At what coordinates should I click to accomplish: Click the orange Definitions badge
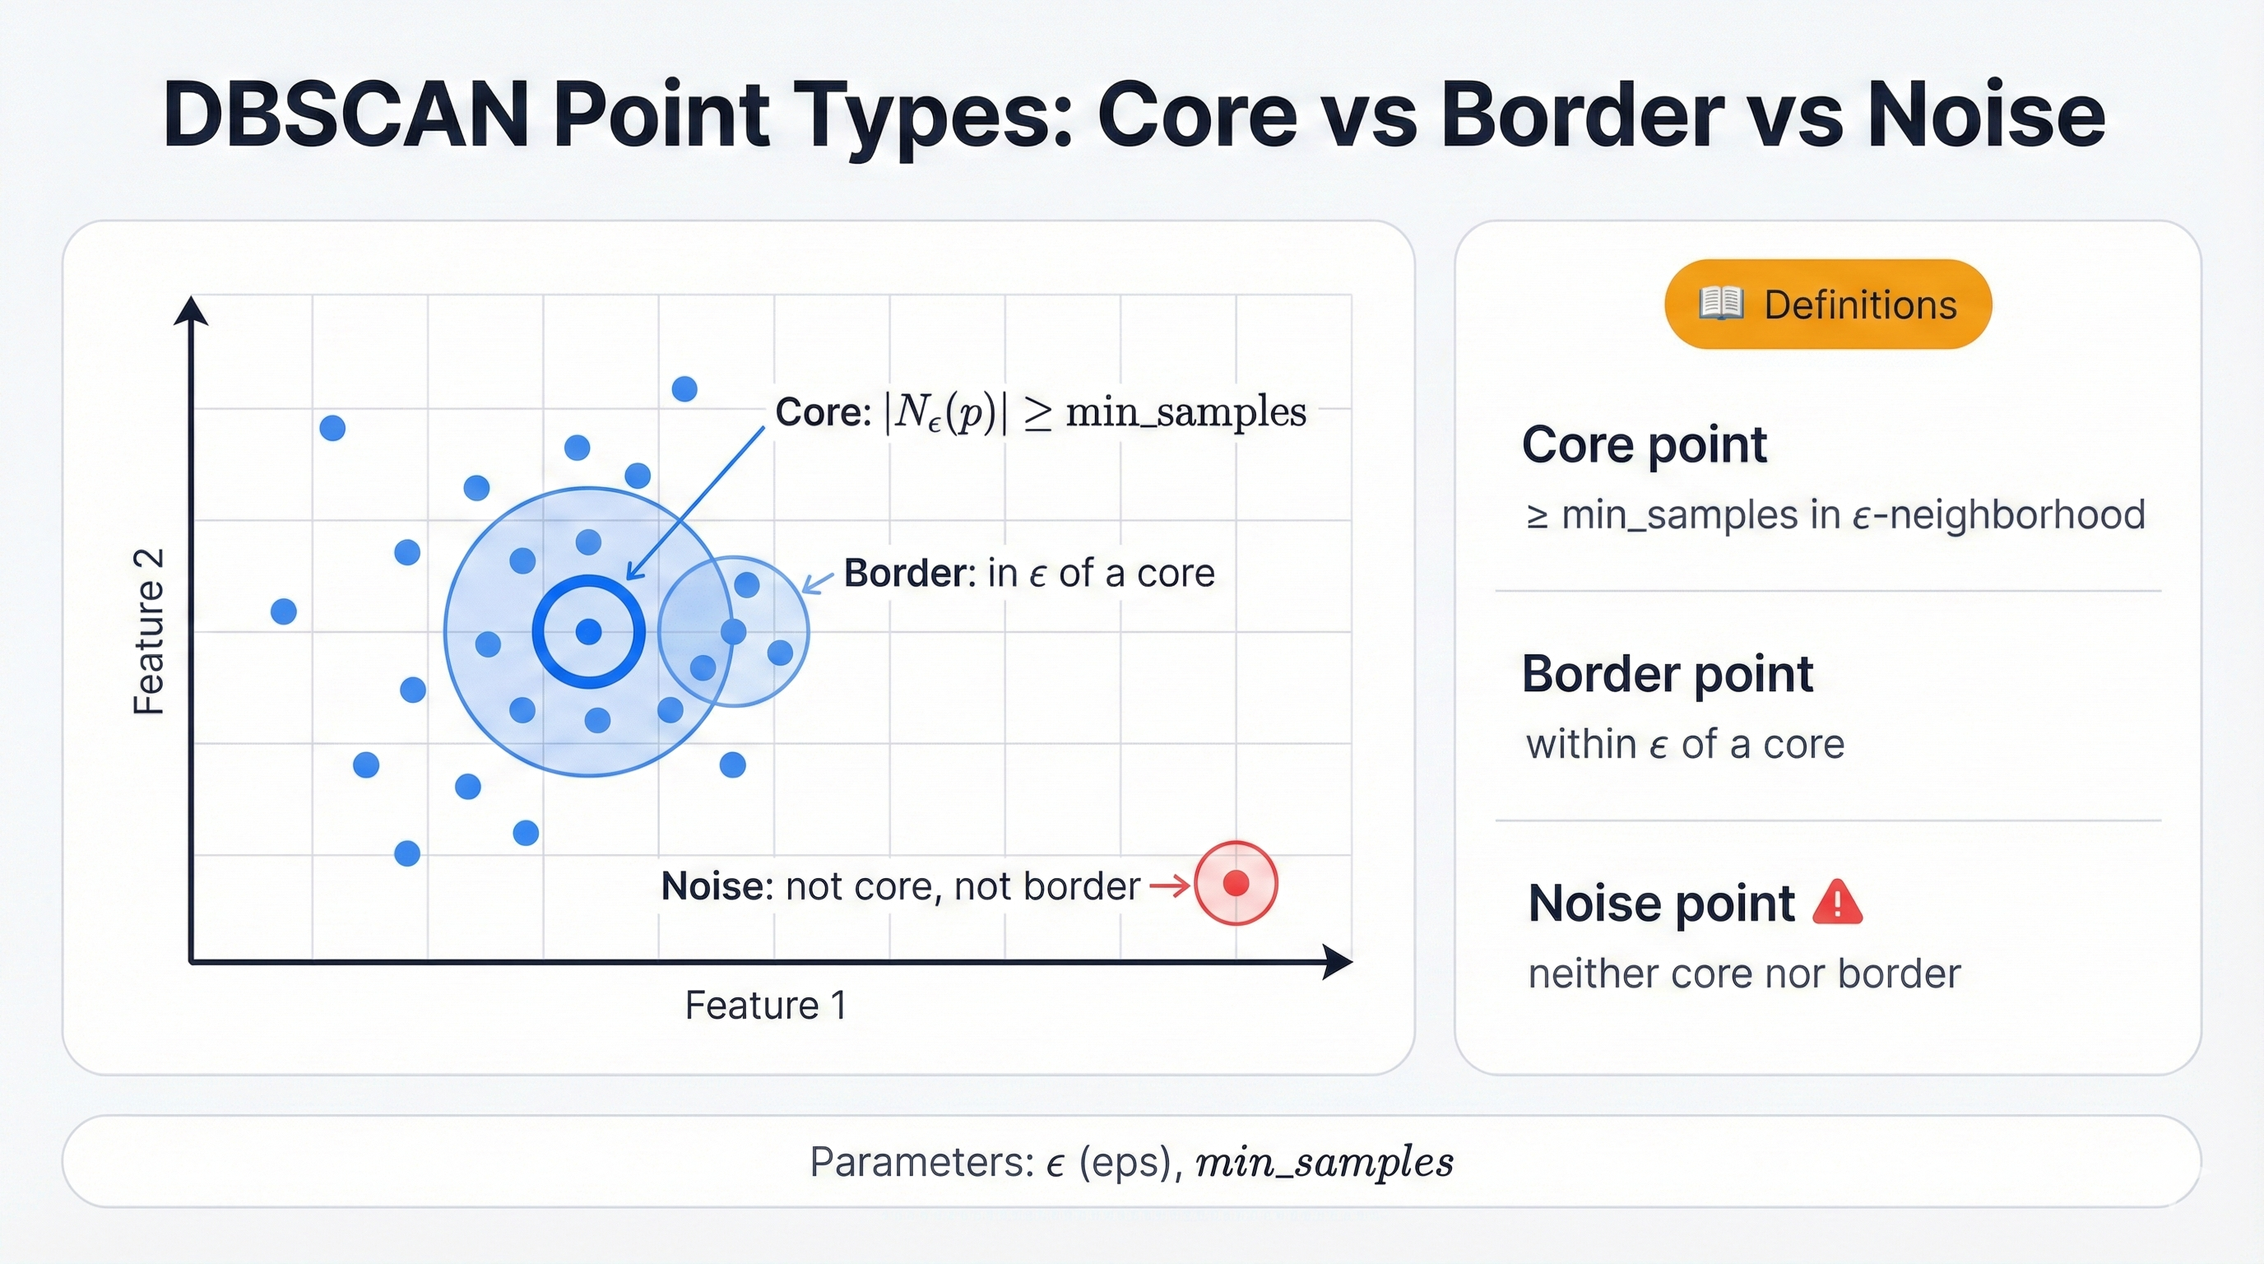point(1828,304)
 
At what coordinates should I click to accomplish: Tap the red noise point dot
point(1236,883)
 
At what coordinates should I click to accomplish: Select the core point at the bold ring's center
point(588,631)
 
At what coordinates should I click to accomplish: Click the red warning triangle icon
point(1838,903)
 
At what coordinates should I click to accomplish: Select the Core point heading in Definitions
point(1644,444)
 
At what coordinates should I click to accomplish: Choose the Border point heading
point(1668,674)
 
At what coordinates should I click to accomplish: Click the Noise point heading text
point(1661,903)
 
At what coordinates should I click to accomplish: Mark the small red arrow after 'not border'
point(1170,886)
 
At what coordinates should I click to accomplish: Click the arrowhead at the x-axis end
point(1338,963)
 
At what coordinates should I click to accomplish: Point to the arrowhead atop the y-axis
point(191,311)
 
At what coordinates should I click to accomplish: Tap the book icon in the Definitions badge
point(1721,304)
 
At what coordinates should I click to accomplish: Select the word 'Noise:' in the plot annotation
point(717,886)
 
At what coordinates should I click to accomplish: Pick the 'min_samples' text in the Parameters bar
point(1325,1162)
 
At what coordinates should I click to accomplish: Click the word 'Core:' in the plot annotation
point(823,411)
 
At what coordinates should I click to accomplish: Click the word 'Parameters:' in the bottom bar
point(922,1162)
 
